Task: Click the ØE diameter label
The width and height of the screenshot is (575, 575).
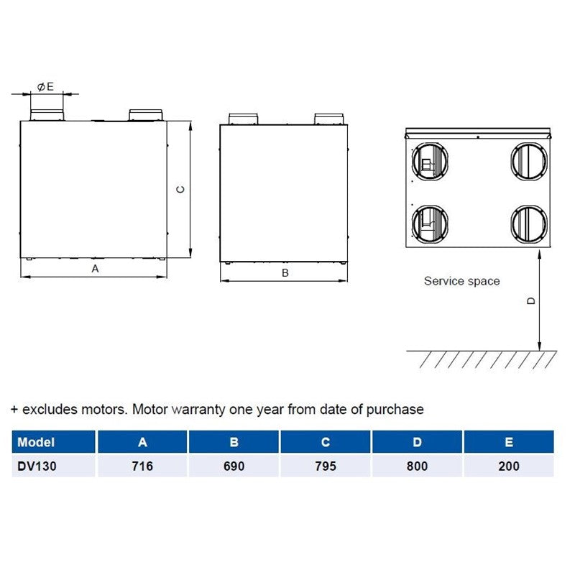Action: point(46,86)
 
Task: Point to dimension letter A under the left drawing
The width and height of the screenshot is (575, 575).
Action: point(94,268)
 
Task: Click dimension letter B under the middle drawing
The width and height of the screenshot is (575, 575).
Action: point(285,272)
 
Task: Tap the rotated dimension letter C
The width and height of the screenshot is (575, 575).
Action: point(181,190)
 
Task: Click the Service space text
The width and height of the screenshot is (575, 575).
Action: point(461,281)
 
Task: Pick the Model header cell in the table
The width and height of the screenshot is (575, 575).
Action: point(36,442)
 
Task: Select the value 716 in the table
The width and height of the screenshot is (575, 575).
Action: point(142,466)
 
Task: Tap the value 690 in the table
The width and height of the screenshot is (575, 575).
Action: point(234,466)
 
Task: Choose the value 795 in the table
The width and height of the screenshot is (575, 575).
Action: point(326,466)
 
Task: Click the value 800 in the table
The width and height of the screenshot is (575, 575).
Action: point(417,466)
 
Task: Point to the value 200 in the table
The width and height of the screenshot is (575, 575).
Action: point(509,466)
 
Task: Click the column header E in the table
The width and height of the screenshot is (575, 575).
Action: point(509,442)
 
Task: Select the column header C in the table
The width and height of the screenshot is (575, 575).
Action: point(326,442)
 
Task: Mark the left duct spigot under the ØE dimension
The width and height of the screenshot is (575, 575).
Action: point(46,114)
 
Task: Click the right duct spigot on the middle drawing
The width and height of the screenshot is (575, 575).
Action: point(330,118)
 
